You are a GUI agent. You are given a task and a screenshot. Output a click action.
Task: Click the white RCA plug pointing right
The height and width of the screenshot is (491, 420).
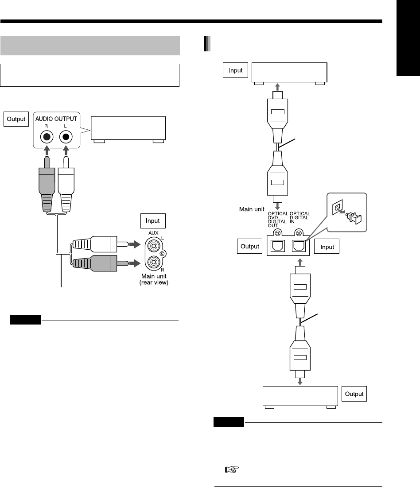click(102, 244)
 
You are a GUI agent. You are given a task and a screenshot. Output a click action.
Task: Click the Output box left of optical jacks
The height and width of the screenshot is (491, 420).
click(249, 247)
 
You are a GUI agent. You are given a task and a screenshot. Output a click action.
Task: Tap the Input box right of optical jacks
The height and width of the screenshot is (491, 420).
click(327, 247)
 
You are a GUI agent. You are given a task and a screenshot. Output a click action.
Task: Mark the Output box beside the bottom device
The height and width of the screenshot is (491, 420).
click(354, 394)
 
